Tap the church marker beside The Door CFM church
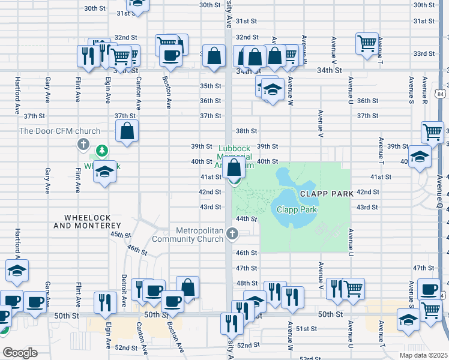click(83, 145)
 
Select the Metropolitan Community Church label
click(200, 235)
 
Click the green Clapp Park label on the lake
click(297, 209)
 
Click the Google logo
click(20, 352)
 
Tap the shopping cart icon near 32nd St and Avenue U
click(367, 43)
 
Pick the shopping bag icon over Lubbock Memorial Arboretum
click(235, 166)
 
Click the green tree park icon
click(103, 149)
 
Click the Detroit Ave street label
click(124, 287)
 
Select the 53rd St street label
click(311, 358)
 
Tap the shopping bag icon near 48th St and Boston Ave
click(188, 287)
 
